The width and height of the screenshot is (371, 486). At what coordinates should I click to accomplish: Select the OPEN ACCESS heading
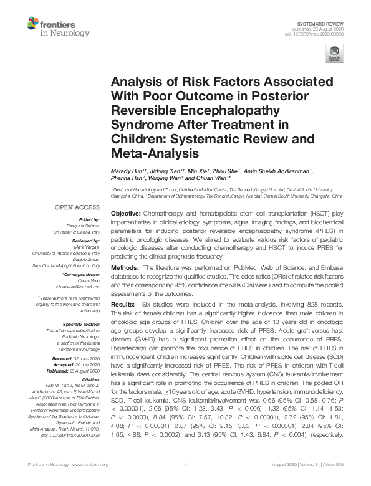[x=78, y=207]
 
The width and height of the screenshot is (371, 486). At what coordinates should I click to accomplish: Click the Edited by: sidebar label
[x=89, y=219]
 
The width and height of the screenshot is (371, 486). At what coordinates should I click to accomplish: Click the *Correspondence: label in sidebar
[x=83, y=275]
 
